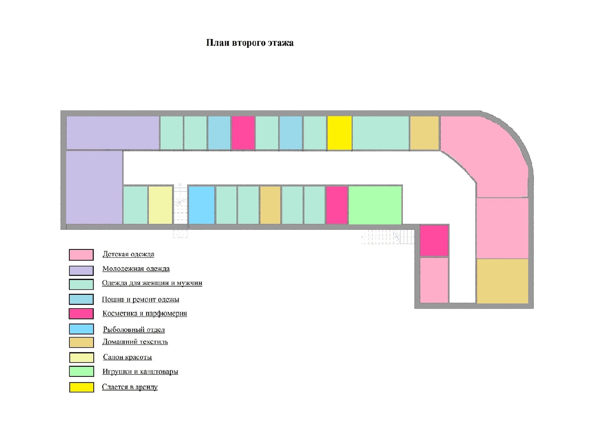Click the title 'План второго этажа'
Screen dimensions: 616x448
[x=250, y=43]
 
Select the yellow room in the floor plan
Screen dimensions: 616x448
[x=340, y=133]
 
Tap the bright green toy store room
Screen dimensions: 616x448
[x=375, y=205]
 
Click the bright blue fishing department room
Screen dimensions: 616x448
[x=202, y=205]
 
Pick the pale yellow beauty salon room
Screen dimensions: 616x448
[x=160, y=205]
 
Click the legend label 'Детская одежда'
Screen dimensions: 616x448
[x=128, y=254]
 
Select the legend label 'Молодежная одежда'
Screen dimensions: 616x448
[x=136, y=268]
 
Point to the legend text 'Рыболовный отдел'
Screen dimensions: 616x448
[x=133, y=329]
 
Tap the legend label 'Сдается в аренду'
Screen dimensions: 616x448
[x=130, y=387]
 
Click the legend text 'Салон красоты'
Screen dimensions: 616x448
[x=127, y=357]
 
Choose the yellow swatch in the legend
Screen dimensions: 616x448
[x=81, y=387]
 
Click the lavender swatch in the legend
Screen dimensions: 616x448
[x=81, y=270]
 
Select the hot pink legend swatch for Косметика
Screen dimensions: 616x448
[x=81, y=314]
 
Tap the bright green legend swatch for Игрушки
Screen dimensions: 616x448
[x=81, y=371]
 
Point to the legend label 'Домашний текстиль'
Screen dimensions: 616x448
[x=135, y=342]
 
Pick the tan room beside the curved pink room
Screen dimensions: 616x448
[x=424, y=133]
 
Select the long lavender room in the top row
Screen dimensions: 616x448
[x=113, y=133]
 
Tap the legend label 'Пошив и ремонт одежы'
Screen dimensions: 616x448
[x=140, y=299]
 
